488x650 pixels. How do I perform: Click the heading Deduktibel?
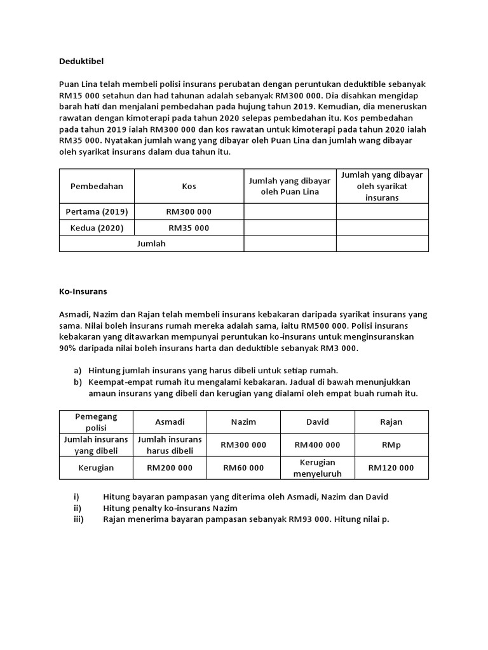(81, 62)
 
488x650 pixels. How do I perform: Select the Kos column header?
(189, 186)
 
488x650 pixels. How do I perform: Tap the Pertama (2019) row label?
(97, 211)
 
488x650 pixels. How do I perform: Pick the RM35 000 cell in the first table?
(189, 228)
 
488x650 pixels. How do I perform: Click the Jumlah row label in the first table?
(151, 244)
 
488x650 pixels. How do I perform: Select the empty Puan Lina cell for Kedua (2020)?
(290, 228)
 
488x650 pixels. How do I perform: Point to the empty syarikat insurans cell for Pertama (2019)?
(382, 211)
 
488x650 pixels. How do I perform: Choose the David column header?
(318, 422)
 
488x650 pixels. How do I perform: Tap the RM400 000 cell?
(318, 445)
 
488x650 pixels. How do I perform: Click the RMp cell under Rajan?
(391, 445)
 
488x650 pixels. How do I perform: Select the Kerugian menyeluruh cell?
(318, 468)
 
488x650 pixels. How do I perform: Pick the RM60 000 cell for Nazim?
(243, 468)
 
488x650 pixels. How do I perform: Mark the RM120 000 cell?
(391, 468)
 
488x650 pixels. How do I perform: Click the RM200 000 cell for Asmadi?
(170, 468)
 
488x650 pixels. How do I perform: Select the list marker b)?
(78, 382)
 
